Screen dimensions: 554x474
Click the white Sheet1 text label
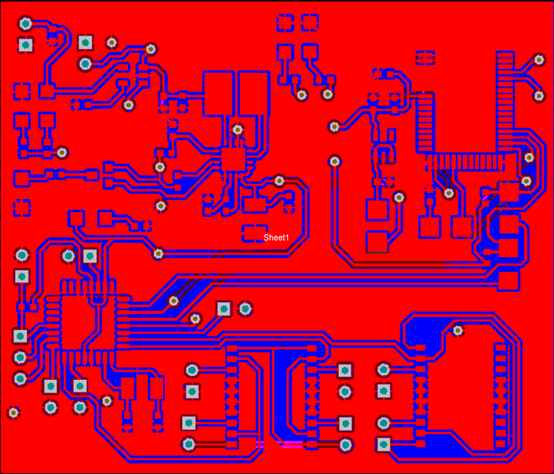click(276, 237)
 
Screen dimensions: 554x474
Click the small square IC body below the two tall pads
click(233, 160)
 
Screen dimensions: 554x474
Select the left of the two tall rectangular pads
click(218, 93)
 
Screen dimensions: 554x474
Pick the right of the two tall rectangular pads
click(254, 93)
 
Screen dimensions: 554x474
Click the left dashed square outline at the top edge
click(285, 23)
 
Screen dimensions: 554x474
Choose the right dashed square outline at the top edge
click(310, 23)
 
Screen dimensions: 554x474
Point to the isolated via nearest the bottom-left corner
click(13, 412)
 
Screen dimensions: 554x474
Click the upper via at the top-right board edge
click(539, 60)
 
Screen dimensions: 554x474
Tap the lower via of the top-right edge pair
click(539, 96)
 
